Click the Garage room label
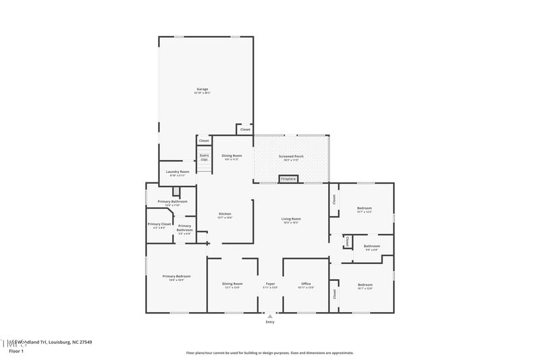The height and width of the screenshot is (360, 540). click(x=202, y=89)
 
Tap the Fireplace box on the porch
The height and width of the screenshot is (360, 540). click(x=288, y=179)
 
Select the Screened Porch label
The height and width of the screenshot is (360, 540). click(x=291, y=156)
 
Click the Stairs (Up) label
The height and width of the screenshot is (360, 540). click(x=204, y=157)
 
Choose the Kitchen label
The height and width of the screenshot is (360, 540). click(x=225, y=214)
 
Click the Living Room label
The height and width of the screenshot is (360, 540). click(x=291, y=219)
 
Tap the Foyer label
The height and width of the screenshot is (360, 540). click(x=270, y=284)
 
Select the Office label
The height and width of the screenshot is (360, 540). click(x=306, y=284)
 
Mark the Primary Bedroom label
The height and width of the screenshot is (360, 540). click(x=176, y=276)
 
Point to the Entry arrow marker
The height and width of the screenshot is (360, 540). click(x=270, y=315)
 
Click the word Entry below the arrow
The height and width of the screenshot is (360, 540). click(x=270, y=322)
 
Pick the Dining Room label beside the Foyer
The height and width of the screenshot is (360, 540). click(x=233, y=284)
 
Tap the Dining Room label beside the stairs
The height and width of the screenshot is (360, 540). click(x=232, y=156)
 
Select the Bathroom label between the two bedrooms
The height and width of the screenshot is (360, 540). click(x=372, y=247)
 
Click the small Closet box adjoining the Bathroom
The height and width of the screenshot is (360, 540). click(x=347, y=241)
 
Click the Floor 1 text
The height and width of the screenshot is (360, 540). click(x=16, y=351)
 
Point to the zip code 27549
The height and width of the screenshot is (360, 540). click(x=84, y=342)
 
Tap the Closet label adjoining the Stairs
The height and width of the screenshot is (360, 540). click(x=204, y=140)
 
